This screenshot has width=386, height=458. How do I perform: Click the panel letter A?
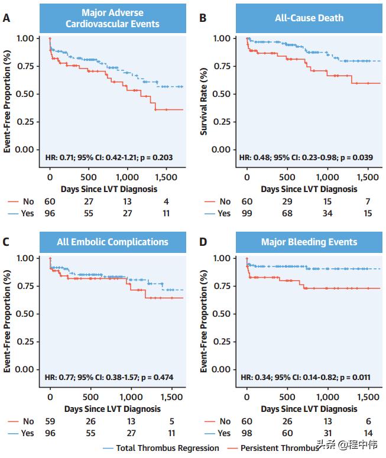point(7,18)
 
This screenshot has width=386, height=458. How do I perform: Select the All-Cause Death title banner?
point(309,18)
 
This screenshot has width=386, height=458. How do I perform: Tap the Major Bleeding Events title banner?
point(309,242)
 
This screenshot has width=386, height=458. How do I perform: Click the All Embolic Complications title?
point(112,242)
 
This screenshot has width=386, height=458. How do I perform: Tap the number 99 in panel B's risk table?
point(247,213)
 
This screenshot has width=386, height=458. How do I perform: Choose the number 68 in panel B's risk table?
point(287,213)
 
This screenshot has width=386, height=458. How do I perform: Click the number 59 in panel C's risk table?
point(50,421)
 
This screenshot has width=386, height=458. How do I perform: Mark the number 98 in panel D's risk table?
point(247,433)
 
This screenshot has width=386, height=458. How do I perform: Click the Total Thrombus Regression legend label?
point(167,448)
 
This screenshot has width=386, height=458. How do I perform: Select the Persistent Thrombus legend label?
point(278,448)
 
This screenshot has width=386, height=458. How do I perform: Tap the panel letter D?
point(203,241)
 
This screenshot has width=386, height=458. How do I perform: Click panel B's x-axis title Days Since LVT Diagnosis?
point(309,189)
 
